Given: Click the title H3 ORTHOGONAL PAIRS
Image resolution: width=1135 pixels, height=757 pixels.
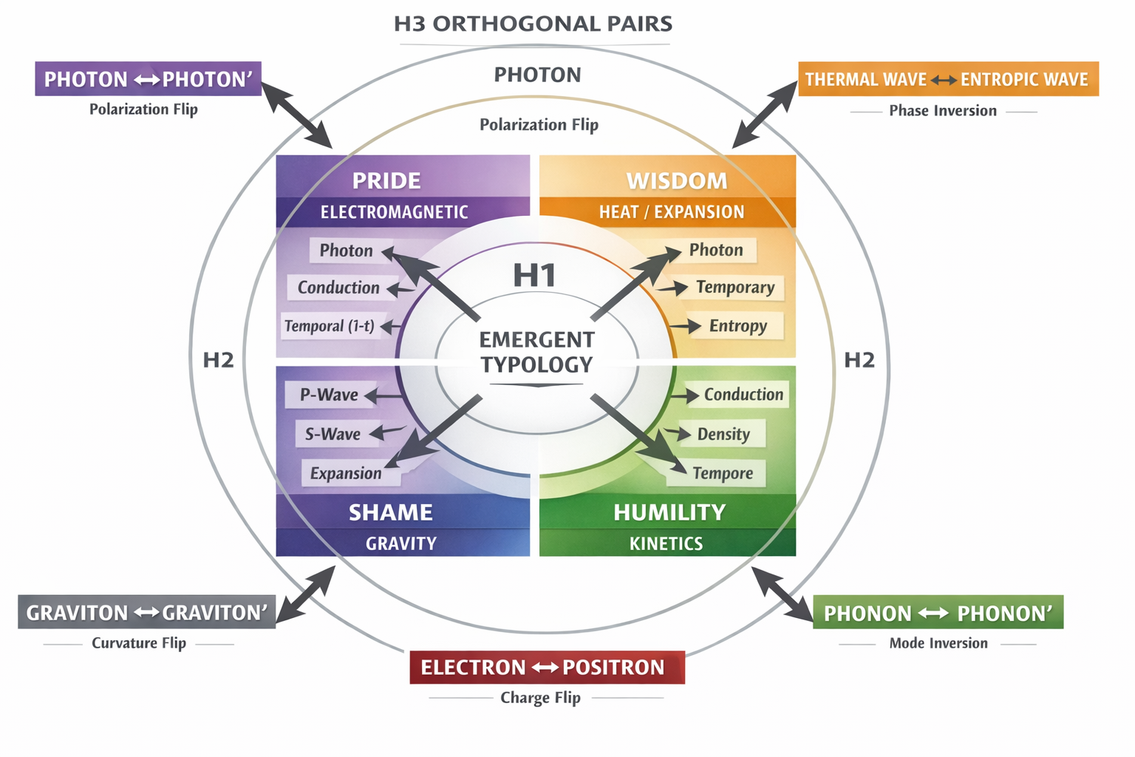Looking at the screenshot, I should click(533, 24).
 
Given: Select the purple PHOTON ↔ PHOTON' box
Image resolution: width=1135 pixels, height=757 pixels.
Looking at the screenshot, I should click(148, 79).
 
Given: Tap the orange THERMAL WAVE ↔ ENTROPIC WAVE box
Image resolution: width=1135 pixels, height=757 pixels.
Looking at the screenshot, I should click(947, 79).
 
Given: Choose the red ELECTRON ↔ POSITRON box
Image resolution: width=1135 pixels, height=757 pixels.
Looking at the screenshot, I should click(547, 668).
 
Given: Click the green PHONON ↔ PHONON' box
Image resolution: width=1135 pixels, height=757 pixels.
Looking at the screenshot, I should click(937, 613).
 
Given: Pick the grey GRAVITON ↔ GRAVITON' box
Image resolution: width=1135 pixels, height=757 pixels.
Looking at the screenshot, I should click(146, 612).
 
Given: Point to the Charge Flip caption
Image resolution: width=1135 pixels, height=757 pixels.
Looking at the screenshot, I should click(540, 698).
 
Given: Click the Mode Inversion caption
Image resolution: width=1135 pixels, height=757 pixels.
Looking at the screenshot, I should click(938, 643).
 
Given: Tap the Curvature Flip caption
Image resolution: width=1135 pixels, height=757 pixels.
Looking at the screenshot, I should click(139, 643).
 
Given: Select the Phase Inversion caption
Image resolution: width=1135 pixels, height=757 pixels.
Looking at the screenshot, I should click(942, 111).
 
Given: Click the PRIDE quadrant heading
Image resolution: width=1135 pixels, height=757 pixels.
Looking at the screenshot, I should click(386, 181).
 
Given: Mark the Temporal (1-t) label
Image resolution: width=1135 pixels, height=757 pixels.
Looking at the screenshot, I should click(330, 326).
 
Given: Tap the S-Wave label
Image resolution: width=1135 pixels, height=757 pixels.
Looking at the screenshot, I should click(333, 434).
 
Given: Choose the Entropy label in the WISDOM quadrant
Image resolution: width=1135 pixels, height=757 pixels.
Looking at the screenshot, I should click(737, 326).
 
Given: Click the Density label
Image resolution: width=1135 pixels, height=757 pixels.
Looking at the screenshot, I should click(723, 434).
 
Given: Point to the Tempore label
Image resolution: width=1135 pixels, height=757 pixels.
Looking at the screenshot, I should click(722, 473).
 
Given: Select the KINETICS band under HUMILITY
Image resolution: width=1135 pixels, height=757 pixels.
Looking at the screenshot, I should click(666, 543).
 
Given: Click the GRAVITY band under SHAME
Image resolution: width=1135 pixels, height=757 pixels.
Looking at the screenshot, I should click(401, 543).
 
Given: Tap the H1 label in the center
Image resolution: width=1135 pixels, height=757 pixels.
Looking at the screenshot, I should click(534, 276).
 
